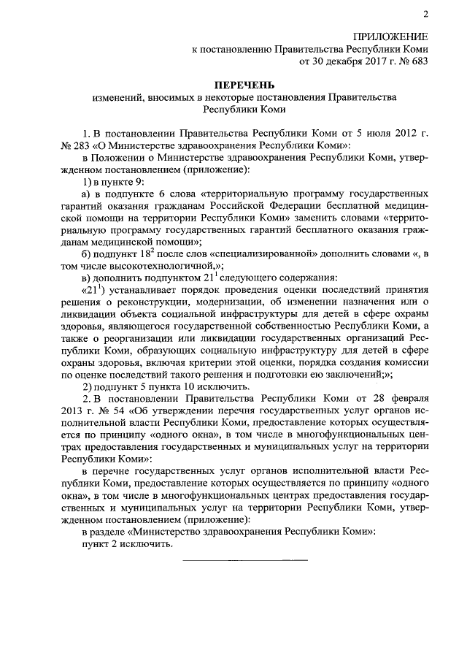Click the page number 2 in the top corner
(x=424, y=15)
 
